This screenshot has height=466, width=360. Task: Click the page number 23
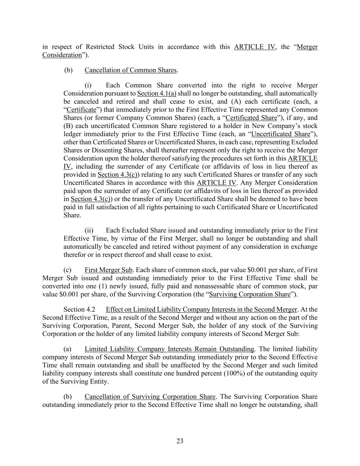(x=180, y=441)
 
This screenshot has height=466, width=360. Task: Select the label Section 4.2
(x=79, y=310)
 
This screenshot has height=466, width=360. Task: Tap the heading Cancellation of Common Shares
(x=130, y=70)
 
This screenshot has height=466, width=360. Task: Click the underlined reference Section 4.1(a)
(x=157, y=94)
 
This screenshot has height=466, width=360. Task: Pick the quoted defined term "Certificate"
(x=82, y=110)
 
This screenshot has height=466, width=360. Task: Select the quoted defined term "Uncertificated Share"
(x=280, y=134)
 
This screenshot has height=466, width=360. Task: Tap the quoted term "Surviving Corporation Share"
(x=250, y=294)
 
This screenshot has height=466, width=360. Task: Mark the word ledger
(x=72, y=134)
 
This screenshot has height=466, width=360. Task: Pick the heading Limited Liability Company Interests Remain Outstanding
(x=169, y=349)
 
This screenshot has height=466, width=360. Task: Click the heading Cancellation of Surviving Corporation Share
(x=150, y=397)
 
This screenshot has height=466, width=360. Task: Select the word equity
(x=308, y=373)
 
